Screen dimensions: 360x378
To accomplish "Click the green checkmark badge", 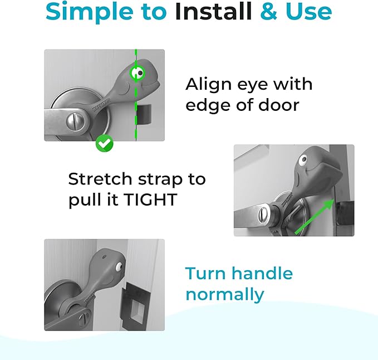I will [104, 143].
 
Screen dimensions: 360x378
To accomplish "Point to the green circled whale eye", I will [138, 72].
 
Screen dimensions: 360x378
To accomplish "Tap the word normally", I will [224, 295].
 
